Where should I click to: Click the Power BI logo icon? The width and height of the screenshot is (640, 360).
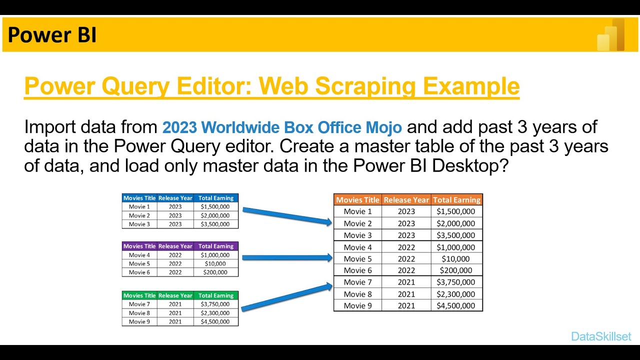[x=611, y=35]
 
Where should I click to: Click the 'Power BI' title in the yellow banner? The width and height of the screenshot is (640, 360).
[x=52, y=35]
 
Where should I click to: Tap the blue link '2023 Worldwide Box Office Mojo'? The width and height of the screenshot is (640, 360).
[x=282, y=127]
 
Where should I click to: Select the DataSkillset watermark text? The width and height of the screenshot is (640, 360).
[x=601, y=336]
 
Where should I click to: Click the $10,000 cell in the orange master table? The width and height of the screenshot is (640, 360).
[x=456, y=259]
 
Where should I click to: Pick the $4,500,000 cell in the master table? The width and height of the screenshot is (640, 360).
[x=456, y=305]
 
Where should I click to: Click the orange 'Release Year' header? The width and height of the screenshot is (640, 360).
[x=406, y=200]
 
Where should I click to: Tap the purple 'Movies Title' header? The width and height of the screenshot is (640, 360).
[x=139, y=246]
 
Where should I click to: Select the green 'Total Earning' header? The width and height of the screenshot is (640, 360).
[x=216, y=295]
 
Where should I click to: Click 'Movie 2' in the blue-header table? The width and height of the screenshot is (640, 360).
[x=139, y=215]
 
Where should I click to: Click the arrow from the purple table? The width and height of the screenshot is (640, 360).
[x=286, y=258]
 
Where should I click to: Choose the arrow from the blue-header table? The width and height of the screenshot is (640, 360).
[x=286, y=215]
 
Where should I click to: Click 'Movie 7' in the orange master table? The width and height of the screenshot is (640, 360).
[x=357, y=282]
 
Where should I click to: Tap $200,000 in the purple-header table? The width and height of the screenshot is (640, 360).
[x=215, y=272]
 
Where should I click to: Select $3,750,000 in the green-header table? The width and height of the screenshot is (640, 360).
[x=215, y=304]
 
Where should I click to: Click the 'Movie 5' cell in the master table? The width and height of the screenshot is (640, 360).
[x=357, y=259]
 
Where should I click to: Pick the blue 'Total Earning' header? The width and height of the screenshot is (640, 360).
[x=216, y=198]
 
